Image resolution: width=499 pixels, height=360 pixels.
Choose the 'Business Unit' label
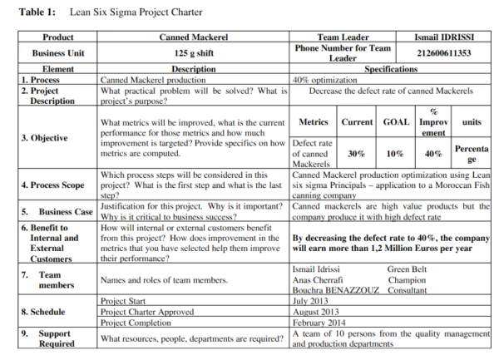coord(57,53)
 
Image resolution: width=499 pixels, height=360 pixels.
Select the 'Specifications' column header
coord(390,69)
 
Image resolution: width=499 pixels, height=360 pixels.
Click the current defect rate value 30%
coord(356,154)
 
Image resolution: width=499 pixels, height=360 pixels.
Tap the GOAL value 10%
coord(394,154)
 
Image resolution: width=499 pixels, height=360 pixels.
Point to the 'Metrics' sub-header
coord(314,122)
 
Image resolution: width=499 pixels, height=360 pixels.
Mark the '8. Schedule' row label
coord(42,311)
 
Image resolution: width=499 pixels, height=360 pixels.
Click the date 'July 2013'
coord(311,300)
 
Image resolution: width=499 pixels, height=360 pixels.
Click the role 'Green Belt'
coord(408,269)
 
